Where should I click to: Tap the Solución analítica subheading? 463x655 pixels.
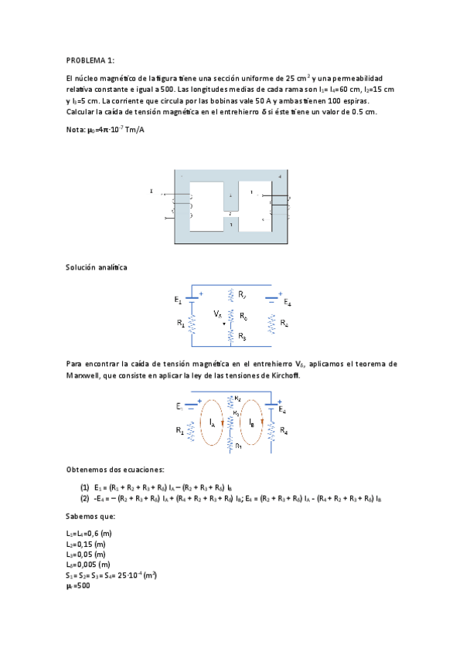pyautogui.click(x=97, y=267)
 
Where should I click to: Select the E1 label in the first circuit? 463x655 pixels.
pyautogui.click(x=179, y=299)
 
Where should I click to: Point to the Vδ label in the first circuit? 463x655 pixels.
pyautogui.click(x=217, y=314)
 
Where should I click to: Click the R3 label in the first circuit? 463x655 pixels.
pyautogui.click(x=242, y=336)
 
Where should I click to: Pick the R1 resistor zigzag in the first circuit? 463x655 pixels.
pyautogui.click(x=192, y=324)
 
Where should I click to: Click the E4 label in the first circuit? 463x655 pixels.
pyautogui.click(x=287, y=302)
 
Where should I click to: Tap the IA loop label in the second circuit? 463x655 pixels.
pyautogui.click(x=212, y=423)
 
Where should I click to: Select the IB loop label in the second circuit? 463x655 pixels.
pyautogui.click(x=252, y=423)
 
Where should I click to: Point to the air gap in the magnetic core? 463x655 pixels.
pyautogui.click(x=231, y=214)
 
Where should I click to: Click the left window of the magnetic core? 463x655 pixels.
pyautogui.click(x=206, y=206)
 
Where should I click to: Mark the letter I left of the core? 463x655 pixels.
pyautogui.click(x=151, y=190)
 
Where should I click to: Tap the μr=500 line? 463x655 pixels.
pyautogui.click(x=79, y=585)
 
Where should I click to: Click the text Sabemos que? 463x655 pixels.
pyautogui.click(x=91, y=518)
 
